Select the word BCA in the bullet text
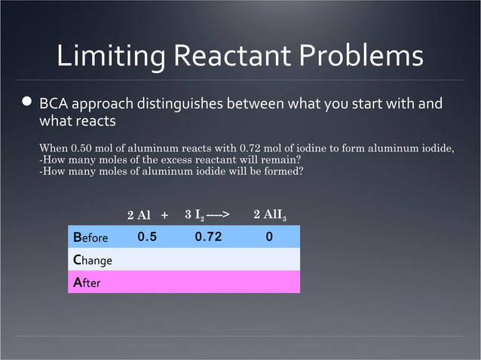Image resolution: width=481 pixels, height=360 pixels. pyautogui.click(x=55, y=102)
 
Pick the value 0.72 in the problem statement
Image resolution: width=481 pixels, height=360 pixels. pyautogui.click(x=251, y=148)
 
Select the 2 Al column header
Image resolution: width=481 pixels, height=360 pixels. pyautogui.click(x=139, y=215)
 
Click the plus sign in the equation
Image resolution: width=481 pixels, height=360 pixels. pyautogui.click(x=164, y=215)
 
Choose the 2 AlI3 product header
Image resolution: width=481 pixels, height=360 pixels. pyautogui.click(x=269, y=215)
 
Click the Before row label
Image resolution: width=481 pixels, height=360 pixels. pyautogui.click(x=90, y=238)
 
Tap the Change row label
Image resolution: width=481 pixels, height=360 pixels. pyautogui.click(x=93, y=261)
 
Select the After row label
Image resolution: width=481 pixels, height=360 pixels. pyautogui.click(x=87, y=283)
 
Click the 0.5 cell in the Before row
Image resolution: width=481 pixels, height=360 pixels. pyautogui.click(x=147, y=237)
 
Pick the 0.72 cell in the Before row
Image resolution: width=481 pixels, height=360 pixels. pyautogui.click(x=208, y=237)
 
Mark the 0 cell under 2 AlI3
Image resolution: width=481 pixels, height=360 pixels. pyautogui.click(x=269, y=237)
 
